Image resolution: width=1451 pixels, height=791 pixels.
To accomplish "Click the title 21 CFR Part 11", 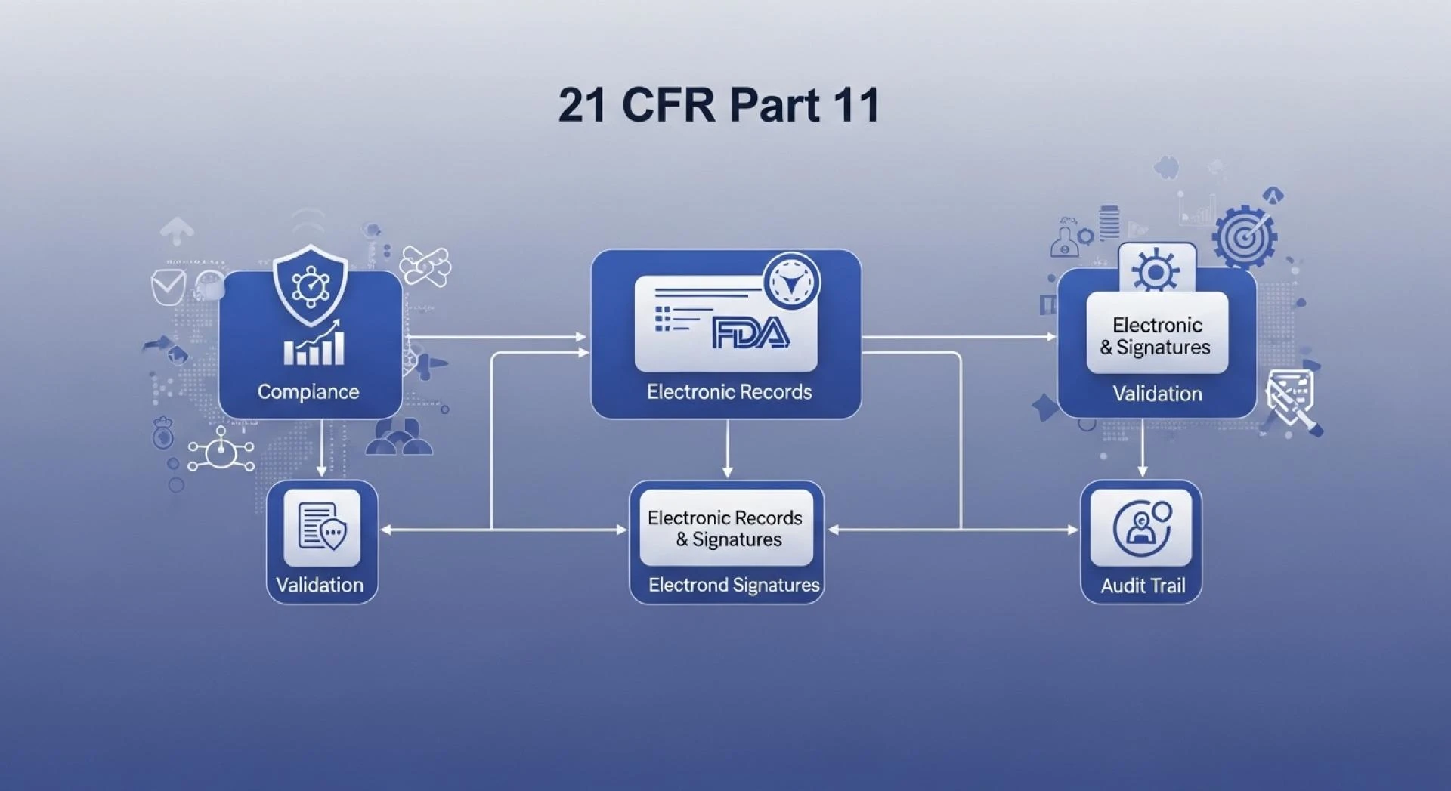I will pos(719,104).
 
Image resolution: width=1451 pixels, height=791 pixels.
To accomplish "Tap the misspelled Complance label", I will pos(308,391).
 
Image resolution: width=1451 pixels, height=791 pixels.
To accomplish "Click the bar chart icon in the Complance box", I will pos(314,345).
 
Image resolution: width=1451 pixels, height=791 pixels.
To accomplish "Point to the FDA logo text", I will pos(750,334).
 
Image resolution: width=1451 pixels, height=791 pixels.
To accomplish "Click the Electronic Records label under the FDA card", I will pos(729,391).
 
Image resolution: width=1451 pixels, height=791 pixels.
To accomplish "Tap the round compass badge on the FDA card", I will pos(791,282).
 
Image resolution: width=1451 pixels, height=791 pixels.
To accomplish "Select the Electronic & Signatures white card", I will pos(1157,335).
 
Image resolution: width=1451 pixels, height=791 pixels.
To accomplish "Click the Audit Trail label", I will pos(1143,586).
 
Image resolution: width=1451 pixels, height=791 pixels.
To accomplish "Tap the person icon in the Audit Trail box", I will pos(1141,528).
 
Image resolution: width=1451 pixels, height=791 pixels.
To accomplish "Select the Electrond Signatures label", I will pos(734,585).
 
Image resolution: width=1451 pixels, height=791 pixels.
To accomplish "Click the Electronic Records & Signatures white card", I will pos(726,528).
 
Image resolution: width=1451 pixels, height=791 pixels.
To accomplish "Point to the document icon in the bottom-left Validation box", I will pos(322,527).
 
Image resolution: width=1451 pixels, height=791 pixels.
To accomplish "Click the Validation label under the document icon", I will pos(320,585).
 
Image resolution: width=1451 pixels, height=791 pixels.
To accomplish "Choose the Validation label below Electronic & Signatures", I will pos(1157,393).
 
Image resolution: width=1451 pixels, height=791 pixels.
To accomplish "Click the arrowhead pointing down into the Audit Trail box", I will pos(1142,471).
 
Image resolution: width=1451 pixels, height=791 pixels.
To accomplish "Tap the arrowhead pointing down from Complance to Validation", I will pos(322,471).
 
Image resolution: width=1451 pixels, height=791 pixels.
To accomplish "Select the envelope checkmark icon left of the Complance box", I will pos(168,286).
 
